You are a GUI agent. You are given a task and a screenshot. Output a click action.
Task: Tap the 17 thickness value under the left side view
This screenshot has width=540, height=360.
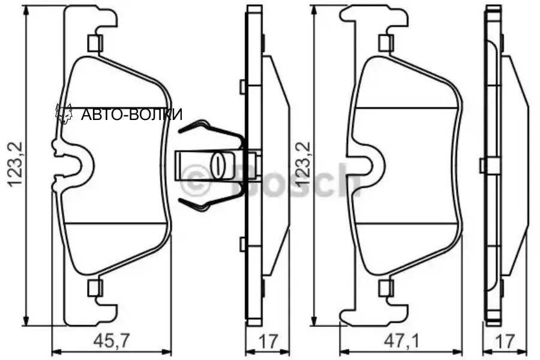click(x=268, y=341)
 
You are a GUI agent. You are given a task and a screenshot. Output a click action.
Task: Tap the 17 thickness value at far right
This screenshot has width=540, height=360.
click(x=506, y=341)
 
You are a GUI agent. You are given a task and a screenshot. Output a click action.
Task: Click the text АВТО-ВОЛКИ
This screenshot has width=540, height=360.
click(x=131, y=115)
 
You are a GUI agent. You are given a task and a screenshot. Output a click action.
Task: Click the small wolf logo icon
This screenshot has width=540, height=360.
click(x=64, y=113)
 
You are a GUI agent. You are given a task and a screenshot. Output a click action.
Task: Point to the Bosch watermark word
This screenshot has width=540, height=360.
click(x=294, y=179)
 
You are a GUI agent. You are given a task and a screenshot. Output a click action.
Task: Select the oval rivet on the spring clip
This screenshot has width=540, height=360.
click(x=219, y=164)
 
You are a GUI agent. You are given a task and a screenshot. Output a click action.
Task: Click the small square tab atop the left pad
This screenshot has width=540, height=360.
click(x=94, y=43)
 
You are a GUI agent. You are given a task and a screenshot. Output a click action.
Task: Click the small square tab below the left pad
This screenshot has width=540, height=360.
click(x=94, y=288)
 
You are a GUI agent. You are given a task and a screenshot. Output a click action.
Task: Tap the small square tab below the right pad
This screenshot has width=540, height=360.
click(x=385, y=288)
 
